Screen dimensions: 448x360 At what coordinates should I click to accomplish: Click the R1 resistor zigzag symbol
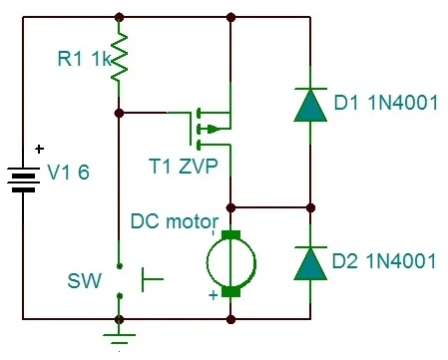(x=119, y=57)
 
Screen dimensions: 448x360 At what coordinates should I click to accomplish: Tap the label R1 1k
(x=85, y=59)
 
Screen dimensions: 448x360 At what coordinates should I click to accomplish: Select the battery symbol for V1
(x=23, y=180)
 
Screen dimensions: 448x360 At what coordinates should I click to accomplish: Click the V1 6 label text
(x=69, y=173)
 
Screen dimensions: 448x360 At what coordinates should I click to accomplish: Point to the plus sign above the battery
(x=39, y=149)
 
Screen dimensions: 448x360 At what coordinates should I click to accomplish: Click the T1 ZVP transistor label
(x=184, y=167)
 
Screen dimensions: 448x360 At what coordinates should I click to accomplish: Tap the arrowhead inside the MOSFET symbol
(x=213, y=129)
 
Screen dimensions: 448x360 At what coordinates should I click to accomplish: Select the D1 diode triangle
(x=310, y=106)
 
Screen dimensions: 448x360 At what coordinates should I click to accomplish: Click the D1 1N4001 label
(x=386, y=103)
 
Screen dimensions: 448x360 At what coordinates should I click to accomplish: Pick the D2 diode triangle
(x=310, y=263)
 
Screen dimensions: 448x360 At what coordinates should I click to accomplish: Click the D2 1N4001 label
(x=384, y=261)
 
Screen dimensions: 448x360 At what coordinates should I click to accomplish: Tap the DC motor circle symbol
(x=231, y=263)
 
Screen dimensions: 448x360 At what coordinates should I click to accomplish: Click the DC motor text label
(x=175, y=221)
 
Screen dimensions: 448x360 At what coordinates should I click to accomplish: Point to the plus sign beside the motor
(x=214, y=295)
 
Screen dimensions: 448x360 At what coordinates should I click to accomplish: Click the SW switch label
(x=84, y=281)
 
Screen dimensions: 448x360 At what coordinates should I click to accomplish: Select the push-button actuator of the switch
(x=153, y=279)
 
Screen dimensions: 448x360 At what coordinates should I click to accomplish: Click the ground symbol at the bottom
(x=120, y=337)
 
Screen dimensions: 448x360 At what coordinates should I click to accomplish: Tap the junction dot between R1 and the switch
(x=119, y=114)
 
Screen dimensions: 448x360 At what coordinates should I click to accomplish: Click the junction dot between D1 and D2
(x=310, y=208)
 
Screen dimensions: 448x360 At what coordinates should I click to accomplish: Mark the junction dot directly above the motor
(x=230, y=208)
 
